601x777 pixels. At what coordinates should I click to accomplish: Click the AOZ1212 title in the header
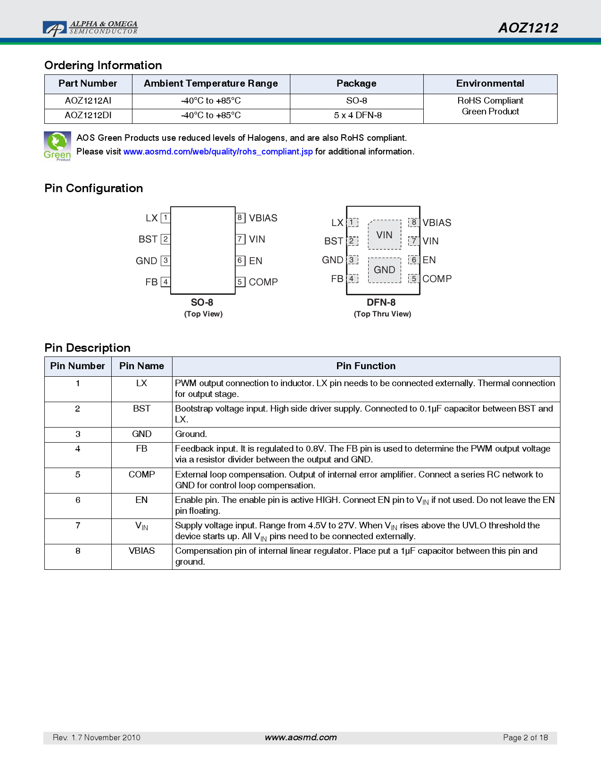tap(528, 28)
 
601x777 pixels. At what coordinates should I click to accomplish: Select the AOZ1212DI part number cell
tap(88, 115)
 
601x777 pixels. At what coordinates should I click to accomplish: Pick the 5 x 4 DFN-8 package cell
tap(357, 115)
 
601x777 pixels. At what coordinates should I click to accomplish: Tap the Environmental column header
tap(490, 84)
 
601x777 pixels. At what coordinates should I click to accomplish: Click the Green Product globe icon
tap(58, 146)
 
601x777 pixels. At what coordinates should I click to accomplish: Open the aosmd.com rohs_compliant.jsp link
tap(218, 152)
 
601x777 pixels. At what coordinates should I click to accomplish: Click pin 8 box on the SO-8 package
tap(240, 218)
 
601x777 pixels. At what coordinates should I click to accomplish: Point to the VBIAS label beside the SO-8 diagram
tap(263, 218)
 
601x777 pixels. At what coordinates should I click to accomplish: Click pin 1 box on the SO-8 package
tap(165, 218)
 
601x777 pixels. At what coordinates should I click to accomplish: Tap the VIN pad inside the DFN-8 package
tap(384, 235)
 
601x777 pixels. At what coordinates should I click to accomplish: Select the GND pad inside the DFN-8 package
tap(384, 270)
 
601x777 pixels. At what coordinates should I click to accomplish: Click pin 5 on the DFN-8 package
tap(414, 279)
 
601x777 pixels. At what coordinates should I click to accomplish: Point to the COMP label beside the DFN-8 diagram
tap(437, 279)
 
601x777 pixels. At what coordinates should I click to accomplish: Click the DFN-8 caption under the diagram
tap(381, 302)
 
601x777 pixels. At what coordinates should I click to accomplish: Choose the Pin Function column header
tap(366, 366)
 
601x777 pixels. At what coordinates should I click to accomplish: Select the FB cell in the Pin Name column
tap(141, 449)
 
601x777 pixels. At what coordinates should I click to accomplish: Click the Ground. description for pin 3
tap(191, 434)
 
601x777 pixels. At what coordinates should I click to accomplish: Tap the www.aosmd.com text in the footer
tap(301, 737)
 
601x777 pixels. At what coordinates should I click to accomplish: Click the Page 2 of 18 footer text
tap(525, 737)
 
